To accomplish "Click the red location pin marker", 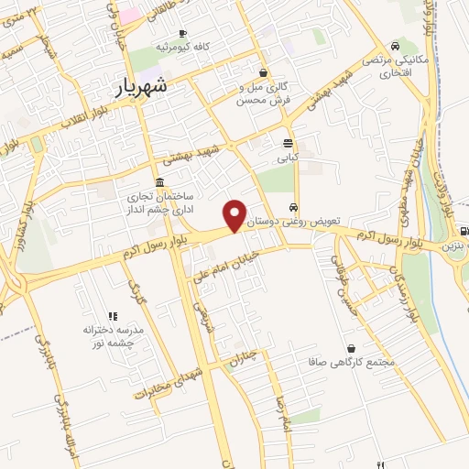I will [x=236, y=214].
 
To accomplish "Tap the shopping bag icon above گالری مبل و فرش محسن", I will [x=264, y=73].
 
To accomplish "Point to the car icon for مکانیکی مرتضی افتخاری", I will [x=394, y=46].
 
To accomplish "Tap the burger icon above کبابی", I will [x=288, y=143].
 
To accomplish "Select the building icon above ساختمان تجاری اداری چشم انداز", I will [x=160, y=180].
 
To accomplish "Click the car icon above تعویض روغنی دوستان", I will [x=293, y=206].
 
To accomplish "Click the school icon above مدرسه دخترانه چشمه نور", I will [x=113, y=315].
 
